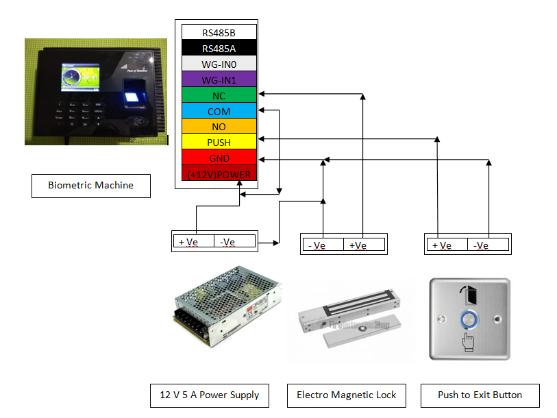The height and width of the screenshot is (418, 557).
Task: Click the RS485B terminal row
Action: coord(219,32)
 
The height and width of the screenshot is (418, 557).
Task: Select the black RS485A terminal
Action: coord(219,48)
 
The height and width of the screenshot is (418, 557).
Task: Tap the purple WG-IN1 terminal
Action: coord(219,79)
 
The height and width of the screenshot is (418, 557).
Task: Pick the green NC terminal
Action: coord(219,95)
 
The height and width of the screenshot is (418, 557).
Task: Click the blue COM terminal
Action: coord(219,111)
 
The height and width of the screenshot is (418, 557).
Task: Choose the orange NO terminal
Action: coord(219,127)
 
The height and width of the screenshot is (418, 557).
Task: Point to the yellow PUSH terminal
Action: coord(219,143)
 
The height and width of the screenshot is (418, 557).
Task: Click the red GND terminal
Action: coord(219,158)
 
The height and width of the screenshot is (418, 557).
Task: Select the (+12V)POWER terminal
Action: coord(219,174)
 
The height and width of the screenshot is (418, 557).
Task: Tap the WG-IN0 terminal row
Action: coord(219,64)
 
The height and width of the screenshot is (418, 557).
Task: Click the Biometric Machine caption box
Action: coord(90,186)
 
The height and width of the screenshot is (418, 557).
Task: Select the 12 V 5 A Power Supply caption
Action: coord(210,395)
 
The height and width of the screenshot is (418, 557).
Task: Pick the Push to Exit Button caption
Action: coord(480,395)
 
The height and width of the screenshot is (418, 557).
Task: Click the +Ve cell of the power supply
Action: coord(194,241)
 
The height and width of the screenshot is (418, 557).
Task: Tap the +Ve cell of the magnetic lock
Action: coord(363,245)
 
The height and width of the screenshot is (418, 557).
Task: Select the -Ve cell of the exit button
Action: coord(488,245)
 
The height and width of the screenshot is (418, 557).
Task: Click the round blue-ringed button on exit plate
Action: coord(469,319)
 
